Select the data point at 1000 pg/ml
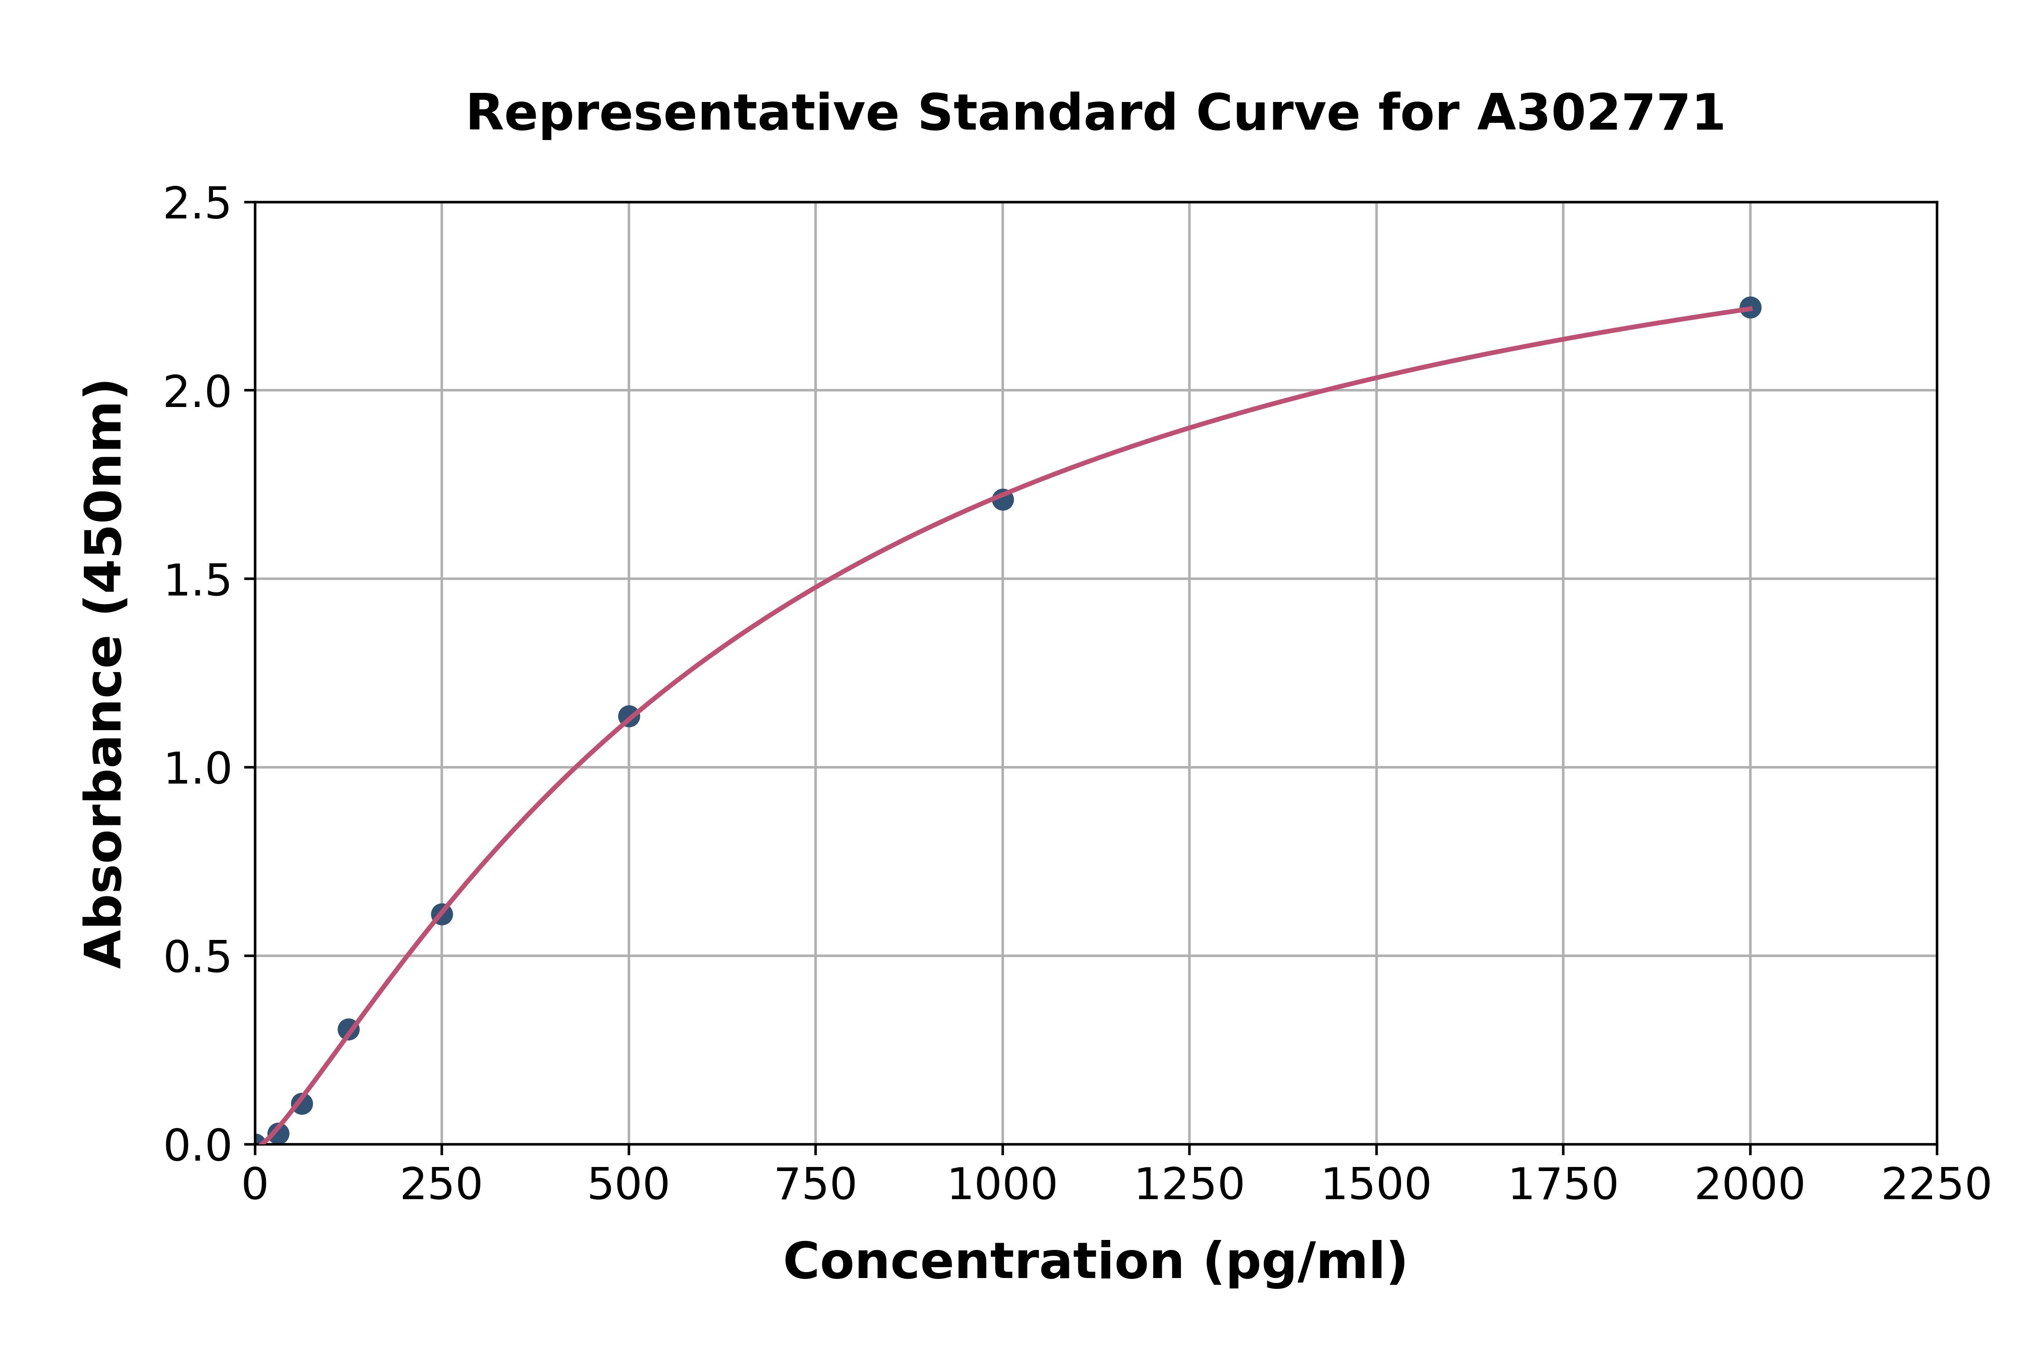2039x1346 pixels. (1002, 499)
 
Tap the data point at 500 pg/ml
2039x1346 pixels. (628, 716)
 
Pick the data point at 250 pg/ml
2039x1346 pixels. (441, 914)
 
